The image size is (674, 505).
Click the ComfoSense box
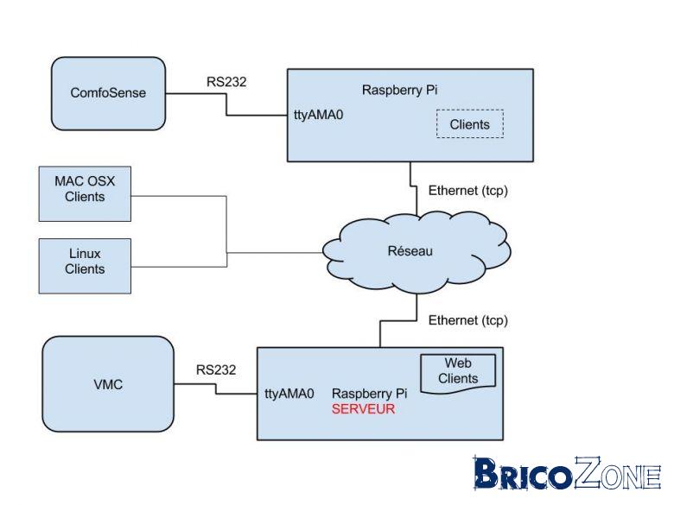click(x=108, y=93)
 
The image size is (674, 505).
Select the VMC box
click(x=108, y=384)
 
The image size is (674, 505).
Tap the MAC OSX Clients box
click(x=85, y=194)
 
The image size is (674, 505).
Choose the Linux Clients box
click(x=85, y=266)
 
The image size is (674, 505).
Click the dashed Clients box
click(x=470, y=124)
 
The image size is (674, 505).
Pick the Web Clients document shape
click(x=458, y=372)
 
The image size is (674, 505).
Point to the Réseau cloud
click(x=416, y=252)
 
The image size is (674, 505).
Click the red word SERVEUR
click(x=363, y=409)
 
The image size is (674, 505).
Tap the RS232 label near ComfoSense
click(x=226, y=82)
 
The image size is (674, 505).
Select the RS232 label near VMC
click(x=216, y=369)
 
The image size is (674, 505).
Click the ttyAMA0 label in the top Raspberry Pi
click(x=319, y=115)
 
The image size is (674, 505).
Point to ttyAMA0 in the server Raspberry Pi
click(x=289, y=394)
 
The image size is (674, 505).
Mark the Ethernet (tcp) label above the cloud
click(x=468, y=191)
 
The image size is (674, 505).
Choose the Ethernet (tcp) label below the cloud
click(x=468, y=320)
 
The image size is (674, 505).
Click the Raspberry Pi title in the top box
click(x=400, y=90)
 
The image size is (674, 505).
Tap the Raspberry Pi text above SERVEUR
click(x=369, y=394)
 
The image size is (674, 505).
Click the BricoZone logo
click(x=567, y=473)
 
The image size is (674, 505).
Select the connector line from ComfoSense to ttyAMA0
click(x=226, y=104)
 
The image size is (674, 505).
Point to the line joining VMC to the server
click(x=216, y=388)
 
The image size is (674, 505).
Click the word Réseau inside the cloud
click(x=410, y=251)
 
